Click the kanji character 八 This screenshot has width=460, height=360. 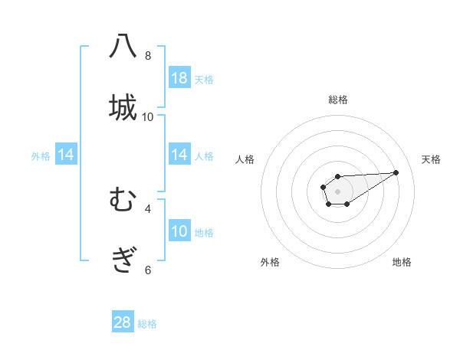123,47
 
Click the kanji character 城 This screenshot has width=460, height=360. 123,106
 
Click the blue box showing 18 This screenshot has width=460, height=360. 179,78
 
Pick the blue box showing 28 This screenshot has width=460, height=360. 123,322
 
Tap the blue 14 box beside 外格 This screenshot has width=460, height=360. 66,155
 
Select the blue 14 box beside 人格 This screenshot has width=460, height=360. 179,155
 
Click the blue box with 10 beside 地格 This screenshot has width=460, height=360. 179,231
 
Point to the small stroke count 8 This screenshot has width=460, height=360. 148,55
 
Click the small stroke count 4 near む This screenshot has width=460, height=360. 148,208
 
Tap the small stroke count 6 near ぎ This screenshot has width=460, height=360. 148,269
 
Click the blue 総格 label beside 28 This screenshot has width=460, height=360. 147,324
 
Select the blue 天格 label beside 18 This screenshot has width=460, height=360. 204,79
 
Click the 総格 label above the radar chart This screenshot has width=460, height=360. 338,100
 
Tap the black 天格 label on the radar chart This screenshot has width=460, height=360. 431,159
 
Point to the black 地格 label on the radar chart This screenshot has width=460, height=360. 402,262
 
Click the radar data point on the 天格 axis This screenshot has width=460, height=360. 396,172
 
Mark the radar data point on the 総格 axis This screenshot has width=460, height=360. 338,177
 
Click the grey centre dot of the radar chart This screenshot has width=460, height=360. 338,191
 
